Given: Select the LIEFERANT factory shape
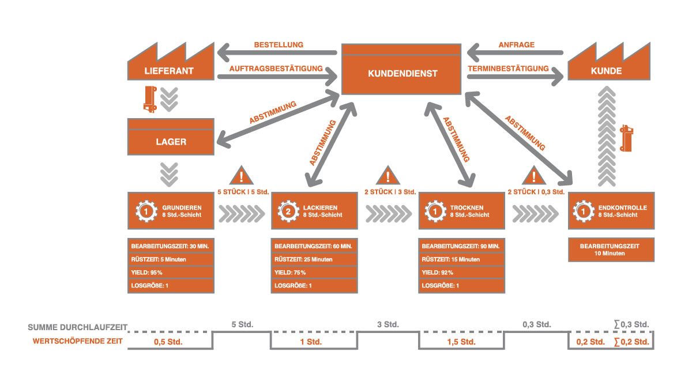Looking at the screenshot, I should pyautogui.click(x=168, y=66).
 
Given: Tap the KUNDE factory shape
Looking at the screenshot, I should pyautogui.click(x=609, y=66).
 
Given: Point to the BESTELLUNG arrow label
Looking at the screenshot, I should pyautogui.click(x=279, y=45).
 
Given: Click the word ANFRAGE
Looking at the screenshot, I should pyautogui.click(x=516, y=45).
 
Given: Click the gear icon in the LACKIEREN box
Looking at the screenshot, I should pyautogui.click(x=287, y=211).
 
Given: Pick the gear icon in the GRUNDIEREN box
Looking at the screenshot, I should pyautogui.click(x=146, y=211).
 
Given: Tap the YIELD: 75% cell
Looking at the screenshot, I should pyautogui.click(x=314, y=273).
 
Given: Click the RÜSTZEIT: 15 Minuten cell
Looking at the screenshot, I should pyautogui.click(x=461, y=259).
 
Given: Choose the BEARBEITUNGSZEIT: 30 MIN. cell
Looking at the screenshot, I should pyautogui.click(x=170, y=247).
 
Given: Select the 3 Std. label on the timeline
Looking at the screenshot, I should pyautogui.click(x=387, y=324).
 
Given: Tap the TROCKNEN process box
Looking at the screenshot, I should pyautogui.click(x=461, y=211).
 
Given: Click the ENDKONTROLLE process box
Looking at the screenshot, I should pyautogui.click(x=611, y=211).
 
